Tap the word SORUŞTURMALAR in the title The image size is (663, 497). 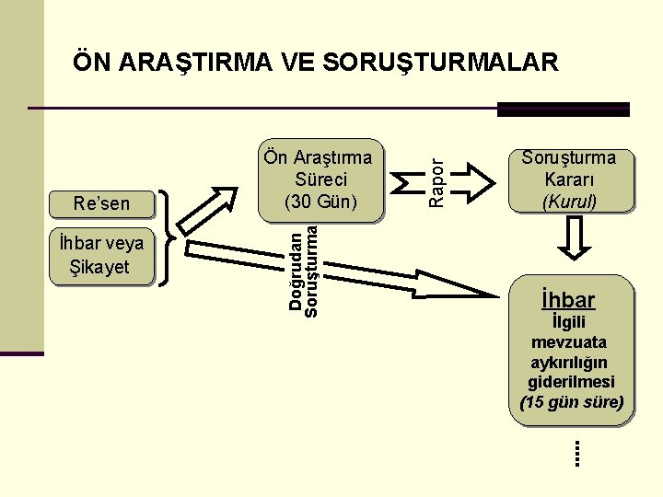441,63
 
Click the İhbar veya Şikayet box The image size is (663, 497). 101,255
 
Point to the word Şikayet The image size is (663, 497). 100,267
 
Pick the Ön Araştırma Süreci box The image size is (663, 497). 321,180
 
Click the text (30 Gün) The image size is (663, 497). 321,201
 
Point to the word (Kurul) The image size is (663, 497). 569,201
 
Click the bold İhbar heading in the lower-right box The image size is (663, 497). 568,299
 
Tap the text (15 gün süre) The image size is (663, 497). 572,402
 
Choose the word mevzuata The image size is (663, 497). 569,341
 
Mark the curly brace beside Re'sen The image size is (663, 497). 167,238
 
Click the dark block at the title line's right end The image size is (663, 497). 563,110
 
